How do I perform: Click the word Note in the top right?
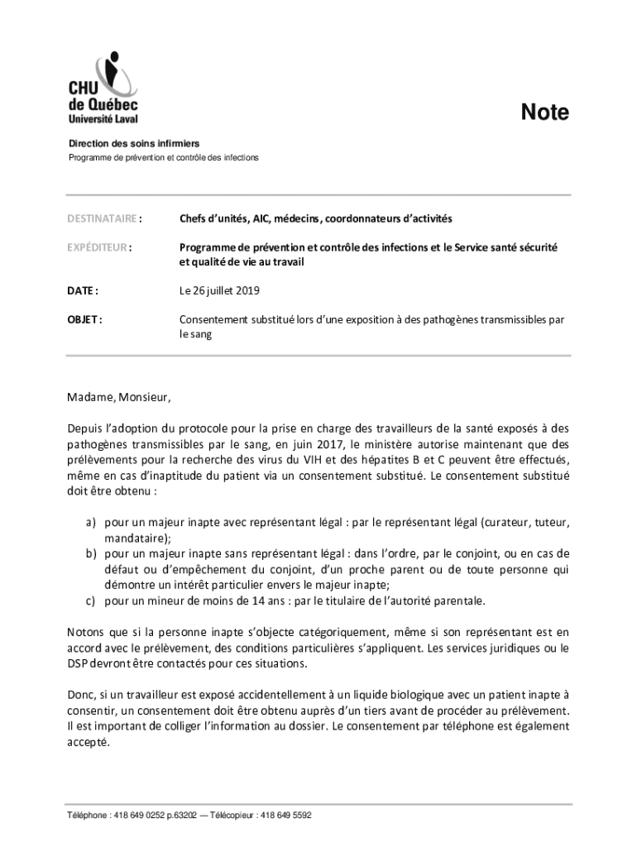coord(544,112)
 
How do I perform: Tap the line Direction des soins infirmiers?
coord(134,144)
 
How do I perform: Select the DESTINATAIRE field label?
coord(104,219)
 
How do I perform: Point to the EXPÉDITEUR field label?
coord(100,247)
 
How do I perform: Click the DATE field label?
coord(84,290)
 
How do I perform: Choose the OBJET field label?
coord(85,319)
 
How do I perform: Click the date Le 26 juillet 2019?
coord(219,290)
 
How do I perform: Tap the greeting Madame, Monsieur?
coord(119,397)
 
